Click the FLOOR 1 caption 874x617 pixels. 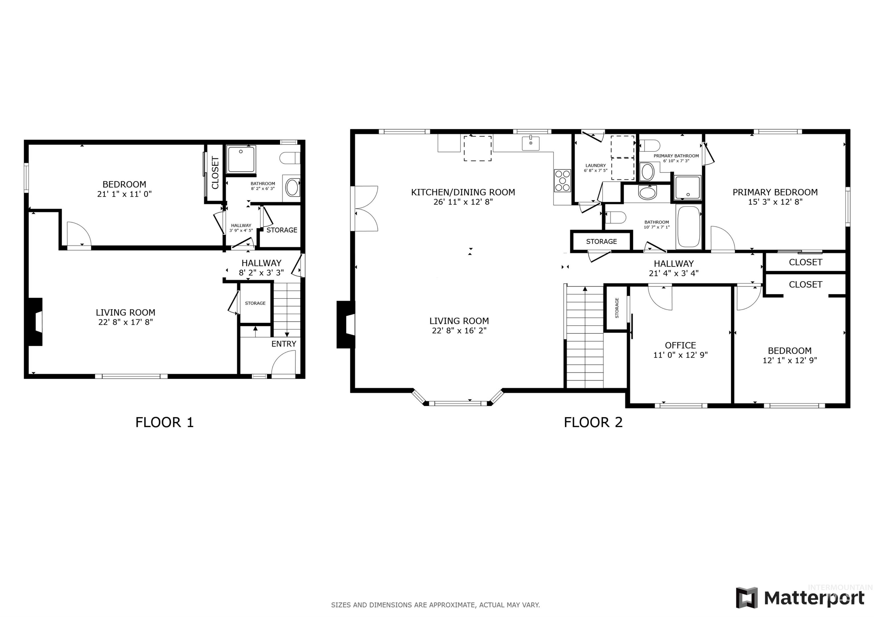(x=164, y=422)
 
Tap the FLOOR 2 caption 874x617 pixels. (x=593, y=422)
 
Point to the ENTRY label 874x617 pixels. (x=284, y=344)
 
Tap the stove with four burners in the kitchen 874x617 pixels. (x=562, y=181)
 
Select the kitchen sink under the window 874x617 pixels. (x=530, y=143)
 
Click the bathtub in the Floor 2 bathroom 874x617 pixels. (x=689, y=227)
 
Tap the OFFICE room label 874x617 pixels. (x=680, y=345)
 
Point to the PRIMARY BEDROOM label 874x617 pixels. (x=775, y=192)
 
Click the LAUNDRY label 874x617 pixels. (x=595, y=166)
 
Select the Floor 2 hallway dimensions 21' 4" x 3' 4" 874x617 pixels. (x=673, y=273)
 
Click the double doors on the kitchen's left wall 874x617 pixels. (x=365, y=208)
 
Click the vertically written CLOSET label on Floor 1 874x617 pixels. (x=215, y=173)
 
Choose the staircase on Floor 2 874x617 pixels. (x=585, y=338)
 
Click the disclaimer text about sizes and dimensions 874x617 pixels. (x=435, y=605)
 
